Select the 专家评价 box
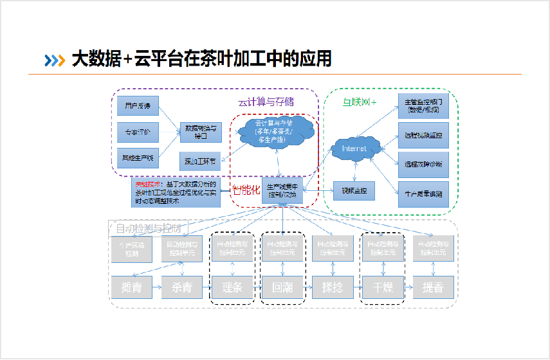(x=138, y=132)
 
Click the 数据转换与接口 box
(x=200, y=132)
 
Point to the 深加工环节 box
(x=200, y=162)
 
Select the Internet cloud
(x=354, y=148)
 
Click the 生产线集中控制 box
(x=282, y=191)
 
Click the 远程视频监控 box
(x=423, y=135)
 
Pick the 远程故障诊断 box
(x=423, y=164)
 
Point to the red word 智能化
(x=246, y=191)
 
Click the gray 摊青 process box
(x=131, y=287)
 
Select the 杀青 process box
(x=181, y=287)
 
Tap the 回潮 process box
(x=282, y=287)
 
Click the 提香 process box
(x=433, y=287)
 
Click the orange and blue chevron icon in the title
(x=55, y=60)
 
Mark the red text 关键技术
(x=145, y=184)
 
